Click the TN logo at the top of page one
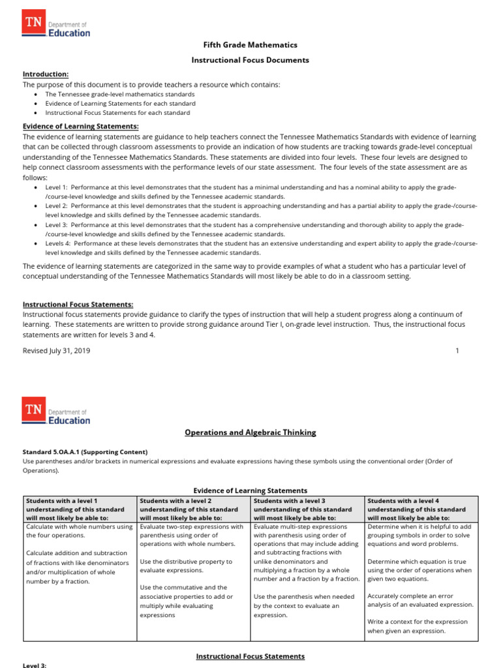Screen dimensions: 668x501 (56, 25)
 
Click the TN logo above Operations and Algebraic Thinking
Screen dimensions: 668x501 (56, 411)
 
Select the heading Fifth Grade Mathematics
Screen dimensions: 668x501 (250, 45)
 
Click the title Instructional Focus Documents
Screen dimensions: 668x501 (250, 60)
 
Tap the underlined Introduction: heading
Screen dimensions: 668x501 (46, 74)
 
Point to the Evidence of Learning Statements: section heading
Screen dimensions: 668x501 (81, 127)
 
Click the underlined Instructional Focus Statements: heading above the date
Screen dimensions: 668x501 (78, 305)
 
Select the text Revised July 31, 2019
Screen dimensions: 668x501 (57, 350)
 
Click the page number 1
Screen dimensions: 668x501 (457, 350)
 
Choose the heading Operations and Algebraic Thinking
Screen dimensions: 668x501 (250, 432)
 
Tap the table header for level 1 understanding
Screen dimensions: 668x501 (79, 509)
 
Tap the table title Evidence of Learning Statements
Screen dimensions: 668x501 (250, 491)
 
